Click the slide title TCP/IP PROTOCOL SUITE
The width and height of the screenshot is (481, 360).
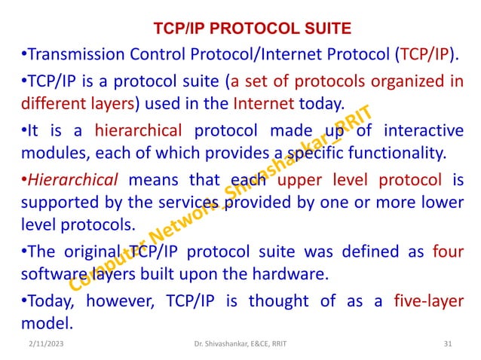(x=253, y=29)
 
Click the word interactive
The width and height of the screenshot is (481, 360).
(x=425, y=131)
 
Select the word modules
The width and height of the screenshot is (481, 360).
(x=51, y=154)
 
